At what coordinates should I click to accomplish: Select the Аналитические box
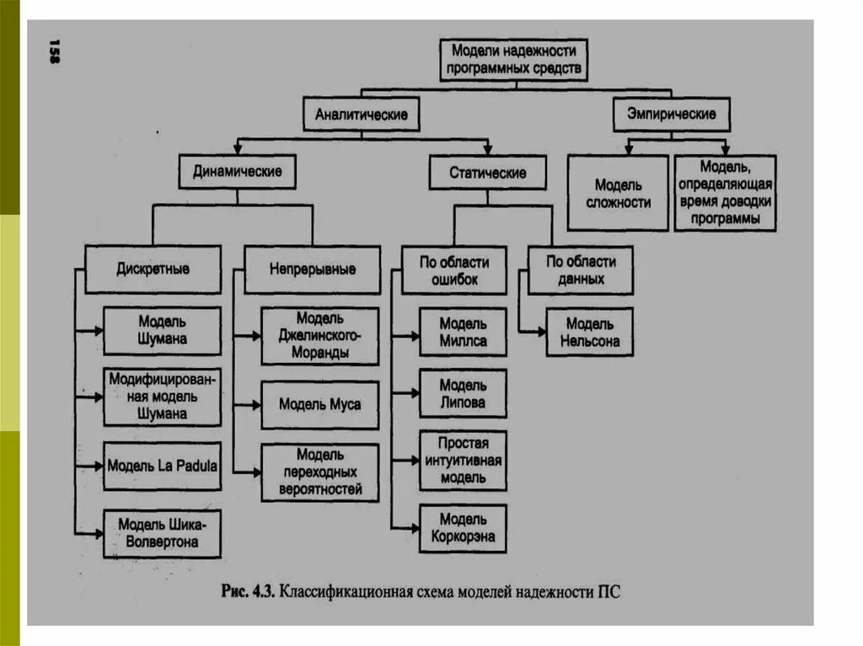tap(361, 114)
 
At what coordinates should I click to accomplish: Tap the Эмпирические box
tap(671, 114)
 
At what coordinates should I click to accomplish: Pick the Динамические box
tap(237, 172)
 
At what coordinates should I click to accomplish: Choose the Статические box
tap(488, 173)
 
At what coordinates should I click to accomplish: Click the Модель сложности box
tap(618, 194)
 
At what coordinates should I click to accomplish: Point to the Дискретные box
tap(153, 270)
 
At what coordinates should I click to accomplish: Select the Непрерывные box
tap(312, 270)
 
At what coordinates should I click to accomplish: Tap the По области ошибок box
tap(453, 270)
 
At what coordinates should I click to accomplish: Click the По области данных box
tap(581, 270)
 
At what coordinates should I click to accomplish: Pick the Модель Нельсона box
tap(589, 333)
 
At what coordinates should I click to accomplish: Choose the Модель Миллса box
tap(463, 332)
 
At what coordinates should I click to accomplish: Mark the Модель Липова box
tap(463, 393)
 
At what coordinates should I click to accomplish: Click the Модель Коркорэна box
tap(463, 528)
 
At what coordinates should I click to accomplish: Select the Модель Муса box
tap(319, 404)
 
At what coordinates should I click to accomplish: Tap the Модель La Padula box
tap(163, 465)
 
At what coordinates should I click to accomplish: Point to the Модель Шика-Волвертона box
tap(163, 533)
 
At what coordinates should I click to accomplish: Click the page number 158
tap(54, 52)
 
